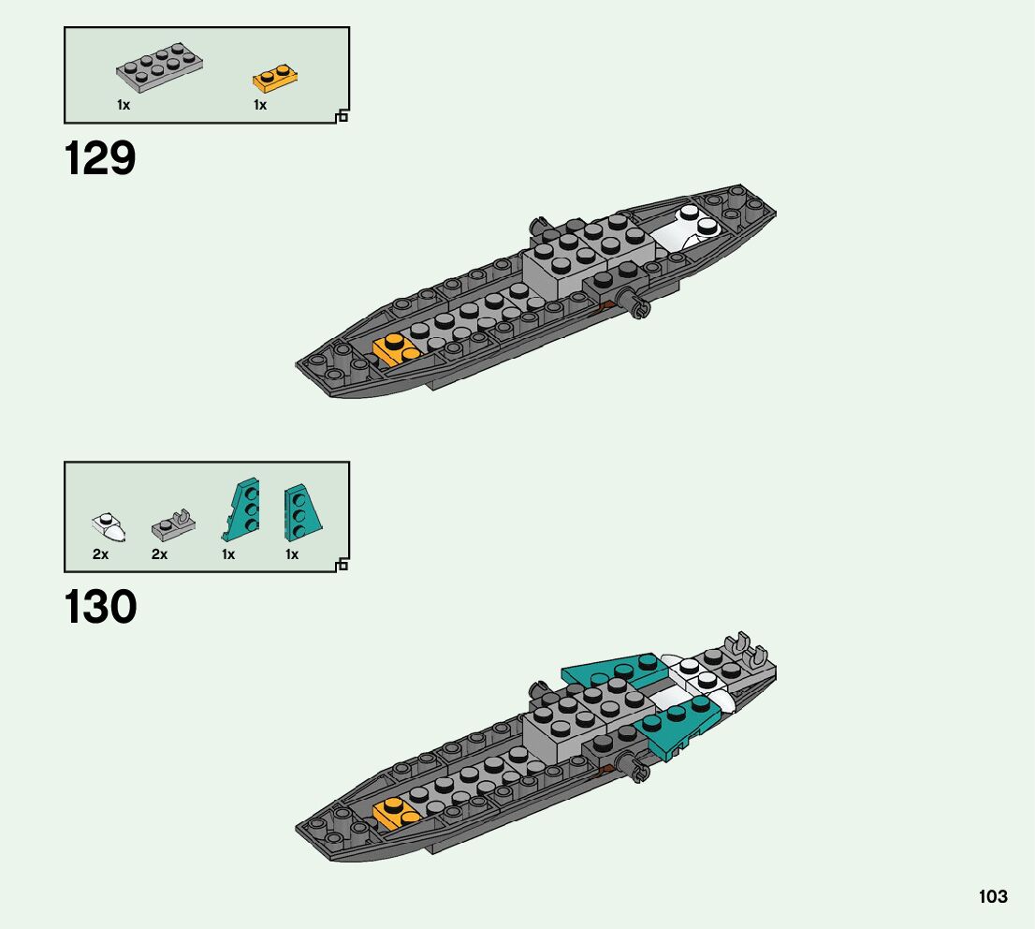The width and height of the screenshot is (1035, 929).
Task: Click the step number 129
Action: [100, 159]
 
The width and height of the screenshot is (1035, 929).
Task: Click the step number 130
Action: [100, 608]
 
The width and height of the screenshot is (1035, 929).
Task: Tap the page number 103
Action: [993, 896]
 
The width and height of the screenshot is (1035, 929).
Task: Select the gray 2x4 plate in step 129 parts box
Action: [160, 68]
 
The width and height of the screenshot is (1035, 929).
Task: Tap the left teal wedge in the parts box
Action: [241, 509]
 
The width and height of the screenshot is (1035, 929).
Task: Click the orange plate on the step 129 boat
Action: [397, 348]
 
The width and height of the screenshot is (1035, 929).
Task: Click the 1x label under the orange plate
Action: [260, 105]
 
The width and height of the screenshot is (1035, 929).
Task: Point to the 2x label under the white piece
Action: [100, 554]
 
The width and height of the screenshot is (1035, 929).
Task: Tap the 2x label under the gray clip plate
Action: [159, 554]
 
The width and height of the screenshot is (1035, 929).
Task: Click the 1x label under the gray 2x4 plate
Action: [124, 105]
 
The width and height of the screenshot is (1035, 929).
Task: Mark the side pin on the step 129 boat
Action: [640, 305]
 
